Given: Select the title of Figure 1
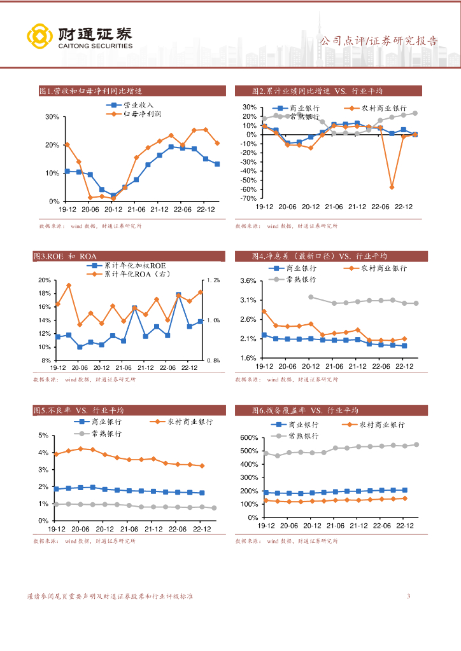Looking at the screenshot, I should pyautogui.click(x=90, y=92).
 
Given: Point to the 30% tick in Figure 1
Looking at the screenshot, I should pyautogui.click(x=52, y=117).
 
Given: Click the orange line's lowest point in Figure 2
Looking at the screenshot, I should pyautogui.click(x=392, y=188).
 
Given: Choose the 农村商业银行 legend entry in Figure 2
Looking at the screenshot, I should pyautogui.click(x=381, y=108).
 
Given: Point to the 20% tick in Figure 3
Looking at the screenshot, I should pyautogui.click(x=44, y=280).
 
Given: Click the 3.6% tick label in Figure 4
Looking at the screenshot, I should pyautogui.click(x=248, y=281).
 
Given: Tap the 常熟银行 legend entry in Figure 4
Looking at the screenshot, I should pyautogui.click(x=301, y=279).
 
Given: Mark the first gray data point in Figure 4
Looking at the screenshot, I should pyautogui.click(x=311, y=297).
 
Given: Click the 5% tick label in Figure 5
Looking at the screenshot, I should pyautogui.click(x=43, y=435).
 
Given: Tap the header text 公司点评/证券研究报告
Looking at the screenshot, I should pyautogui.click(x=378, y=41).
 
